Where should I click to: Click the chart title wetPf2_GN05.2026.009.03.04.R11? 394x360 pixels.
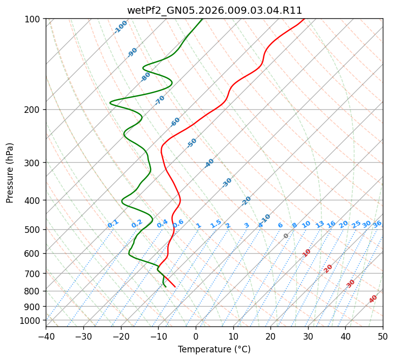[x=214, y=10]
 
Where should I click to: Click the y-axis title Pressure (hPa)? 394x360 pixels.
[x=10, y=173]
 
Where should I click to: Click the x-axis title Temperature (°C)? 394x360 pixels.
[x=214, y=350]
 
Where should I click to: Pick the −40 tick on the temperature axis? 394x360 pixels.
[x=46, y=337]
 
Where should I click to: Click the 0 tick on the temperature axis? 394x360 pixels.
[x=196, y=337]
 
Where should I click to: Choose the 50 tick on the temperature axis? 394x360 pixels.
[x=383, y=337]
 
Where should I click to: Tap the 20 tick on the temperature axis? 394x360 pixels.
[x=270, y=337]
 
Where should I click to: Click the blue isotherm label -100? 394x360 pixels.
[x=121, y=27]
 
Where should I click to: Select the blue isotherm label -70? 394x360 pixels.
[x=160, y=100]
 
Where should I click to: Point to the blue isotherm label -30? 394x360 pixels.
[x=227, y=183]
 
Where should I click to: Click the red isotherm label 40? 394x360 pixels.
[x=373, y=299]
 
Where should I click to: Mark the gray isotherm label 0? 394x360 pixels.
[x=286, y=236]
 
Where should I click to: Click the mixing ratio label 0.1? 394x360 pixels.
[x=113, y=224]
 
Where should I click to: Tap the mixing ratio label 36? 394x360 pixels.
[x=377, y=224]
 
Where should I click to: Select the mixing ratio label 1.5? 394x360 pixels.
[x=216, y=224]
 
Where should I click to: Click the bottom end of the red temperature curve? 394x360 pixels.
[x=175, y=287]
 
